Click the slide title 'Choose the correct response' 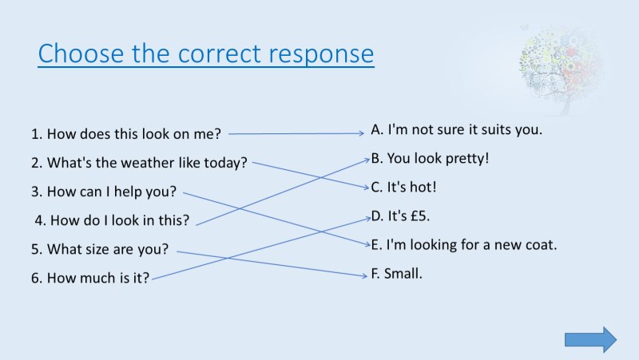coord(205,53)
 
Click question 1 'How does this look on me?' coord(125,134)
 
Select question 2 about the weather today coord(139,163)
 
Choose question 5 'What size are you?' coord(100,249)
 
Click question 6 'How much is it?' coord(90,279)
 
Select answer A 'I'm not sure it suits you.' coord(457,129)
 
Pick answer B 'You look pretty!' coord(430,158)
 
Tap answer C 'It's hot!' coord(403,188)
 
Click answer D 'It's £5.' coord(401,216)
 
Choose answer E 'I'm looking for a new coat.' coord(464,245)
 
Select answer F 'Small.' coord(397,274)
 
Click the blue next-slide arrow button coord(590,339)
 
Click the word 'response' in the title coord(321,53)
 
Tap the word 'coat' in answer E coord(540,245)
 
